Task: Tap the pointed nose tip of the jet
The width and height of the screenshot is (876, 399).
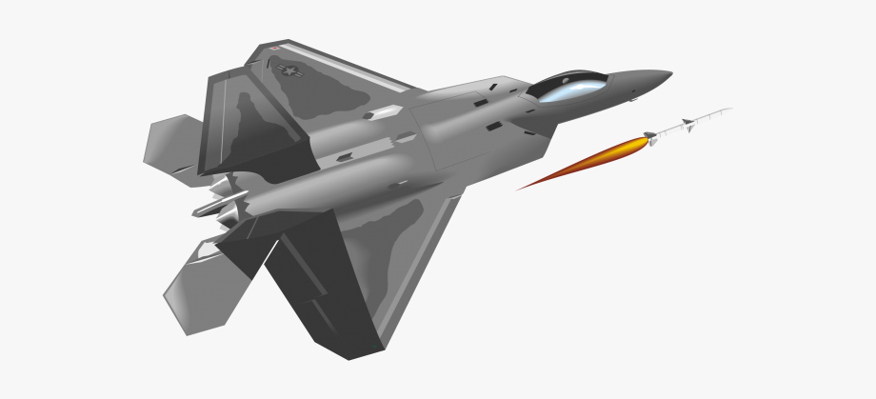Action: point(670,72)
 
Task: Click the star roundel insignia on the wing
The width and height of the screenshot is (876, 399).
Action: point(286,70)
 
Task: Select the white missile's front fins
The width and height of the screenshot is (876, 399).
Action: point(687,124)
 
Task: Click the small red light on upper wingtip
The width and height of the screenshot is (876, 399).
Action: point(274,48)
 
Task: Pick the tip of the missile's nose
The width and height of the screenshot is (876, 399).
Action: point(731,109)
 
